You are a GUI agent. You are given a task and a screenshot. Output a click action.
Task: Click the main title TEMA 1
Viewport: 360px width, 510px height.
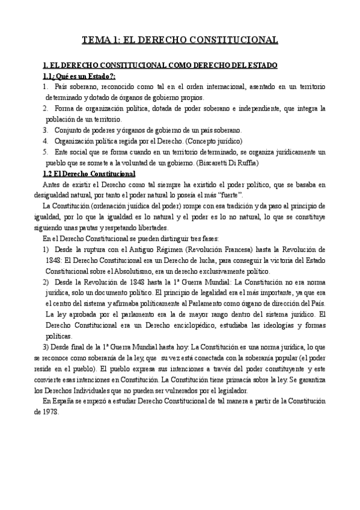pos(180,41)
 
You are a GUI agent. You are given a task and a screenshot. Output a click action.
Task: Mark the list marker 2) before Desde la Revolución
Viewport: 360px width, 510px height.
pos(46,282)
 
